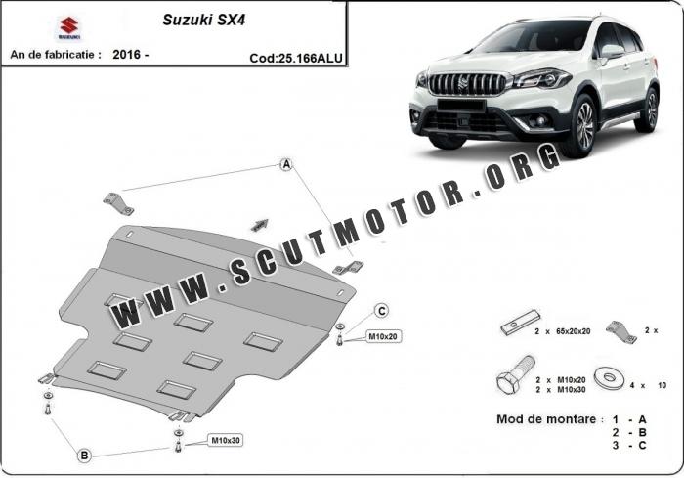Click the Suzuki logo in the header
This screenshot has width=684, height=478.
[x=69, y=28]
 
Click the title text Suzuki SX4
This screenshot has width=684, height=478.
[x=203, y=20]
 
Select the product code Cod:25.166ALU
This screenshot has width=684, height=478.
[x=296, y=58]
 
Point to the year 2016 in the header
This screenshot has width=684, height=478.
[x=126, y=55]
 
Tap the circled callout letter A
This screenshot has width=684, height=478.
[x=286, y=164]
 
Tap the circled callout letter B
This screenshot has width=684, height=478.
[x=84, y=456]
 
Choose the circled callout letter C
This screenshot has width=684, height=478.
[x=382, y=311]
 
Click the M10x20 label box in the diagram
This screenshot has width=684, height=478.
[x=383, y=336]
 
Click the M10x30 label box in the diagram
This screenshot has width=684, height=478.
[x=226, y=441]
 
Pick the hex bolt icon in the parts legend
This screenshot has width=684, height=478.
[x=515, y=375]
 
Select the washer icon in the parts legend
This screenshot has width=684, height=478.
[x=609, y=378]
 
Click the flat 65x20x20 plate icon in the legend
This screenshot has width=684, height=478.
[x=521, y=323]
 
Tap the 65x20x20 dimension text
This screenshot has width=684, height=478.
[x=574, y=331]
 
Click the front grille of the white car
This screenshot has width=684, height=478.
[x=466, y=84]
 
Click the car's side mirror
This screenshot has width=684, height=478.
[x=612, y=52]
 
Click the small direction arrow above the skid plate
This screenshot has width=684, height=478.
[x=260, y=225]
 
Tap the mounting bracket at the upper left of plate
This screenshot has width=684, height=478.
[x=118, y=204]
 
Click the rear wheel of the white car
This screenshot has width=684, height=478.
[x=647, y=109]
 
